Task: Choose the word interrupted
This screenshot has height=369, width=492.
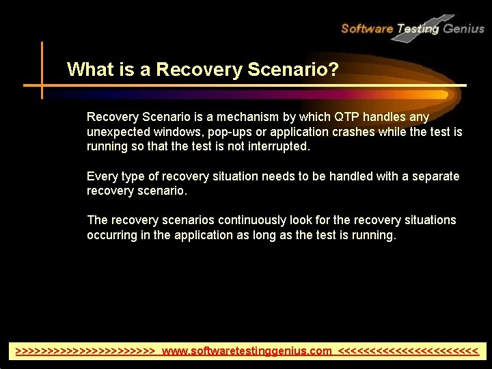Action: click(x=275, y=146)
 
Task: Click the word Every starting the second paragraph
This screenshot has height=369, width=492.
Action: click(x=101, y=176)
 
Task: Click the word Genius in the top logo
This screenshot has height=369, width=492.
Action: click(x=463, y=28)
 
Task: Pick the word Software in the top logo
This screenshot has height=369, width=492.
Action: click(x=367, y=28)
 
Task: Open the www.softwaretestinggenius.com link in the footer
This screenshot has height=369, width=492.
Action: click(x=247, y=351)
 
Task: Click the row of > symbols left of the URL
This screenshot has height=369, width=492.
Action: click(x=86, y=351)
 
